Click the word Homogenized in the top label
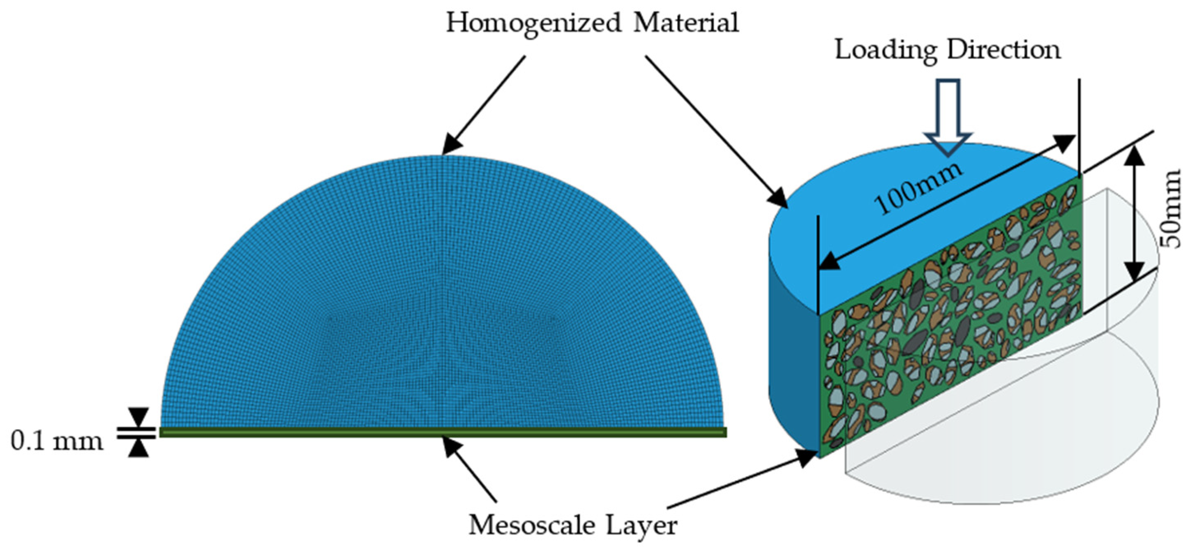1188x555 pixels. [x=533, y=23]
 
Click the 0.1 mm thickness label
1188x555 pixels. [x=56, y=442]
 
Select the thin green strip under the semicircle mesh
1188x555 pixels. [x=443, y=432]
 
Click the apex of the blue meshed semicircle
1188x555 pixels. [x=442, y=155]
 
